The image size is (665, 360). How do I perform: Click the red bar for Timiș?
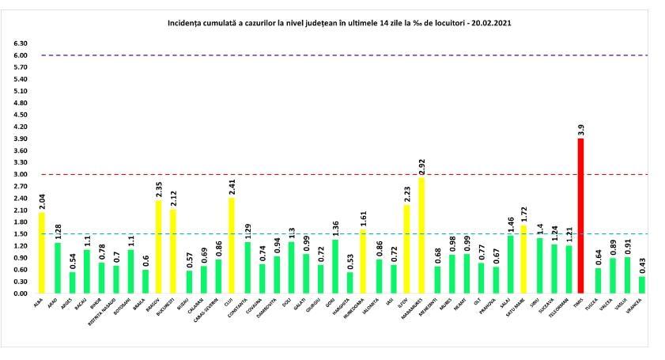click(581, 215)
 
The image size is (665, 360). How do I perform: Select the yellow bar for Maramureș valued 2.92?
click(422, 235)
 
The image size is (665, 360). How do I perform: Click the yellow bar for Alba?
click(40, 252)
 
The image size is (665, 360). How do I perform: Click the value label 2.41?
click(231, 186)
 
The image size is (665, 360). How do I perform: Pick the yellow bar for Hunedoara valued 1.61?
click(363, 261)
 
